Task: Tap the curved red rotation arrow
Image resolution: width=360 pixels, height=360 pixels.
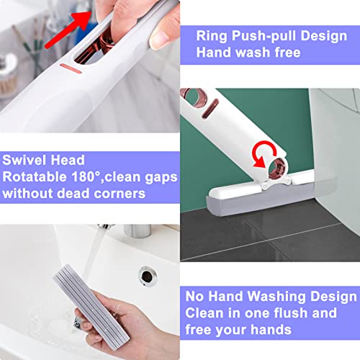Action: coord(264,132)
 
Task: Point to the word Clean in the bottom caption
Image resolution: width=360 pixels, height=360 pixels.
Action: coord(205,313)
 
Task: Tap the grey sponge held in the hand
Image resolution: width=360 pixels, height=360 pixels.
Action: coord(72,302)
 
